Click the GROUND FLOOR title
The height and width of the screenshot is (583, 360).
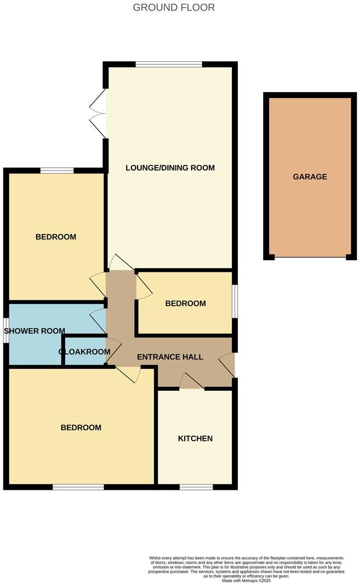(x=174, y=7)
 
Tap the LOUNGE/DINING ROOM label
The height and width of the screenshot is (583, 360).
(x=170, y=168)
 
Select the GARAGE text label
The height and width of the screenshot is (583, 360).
(x=310, y=176)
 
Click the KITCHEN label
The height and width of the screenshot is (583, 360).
(x=195, y=438)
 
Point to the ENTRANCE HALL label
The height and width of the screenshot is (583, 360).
(x=170, y=357)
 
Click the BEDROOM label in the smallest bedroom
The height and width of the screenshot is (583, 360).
(x=186, y=303)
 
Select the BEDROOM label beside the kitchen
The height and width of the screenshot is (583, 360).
(x=81, y=427)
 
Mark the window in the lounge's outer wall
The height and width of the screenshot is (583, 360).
(x=169, y=65)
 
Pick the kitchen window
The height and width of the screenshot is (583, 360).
(x=196, y=487)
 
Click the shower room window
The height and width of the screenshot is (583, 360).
(x=5, y=331)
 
